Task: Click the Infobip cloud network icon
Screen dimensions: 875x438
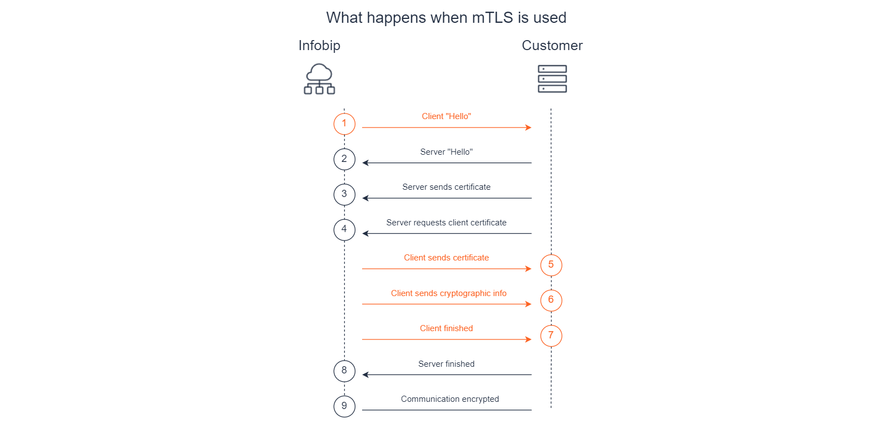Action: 319,78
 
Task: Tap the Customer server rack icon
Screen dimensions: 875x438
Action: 552,78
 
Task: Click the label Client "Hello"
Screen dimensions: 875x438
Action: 446,116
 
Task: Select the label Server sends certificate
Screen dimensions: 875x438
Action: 446,187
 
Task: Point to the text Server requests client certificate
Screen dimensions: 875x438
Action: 446,223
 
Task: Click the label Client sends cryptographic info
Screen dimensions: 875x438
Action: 448,293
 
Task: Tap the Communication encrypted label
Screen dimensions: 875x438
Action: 449,399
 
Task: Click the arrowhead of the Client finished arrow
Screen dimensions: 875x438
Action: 528,339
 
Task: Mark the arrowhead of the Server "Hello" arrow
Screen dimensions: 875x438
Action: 365,163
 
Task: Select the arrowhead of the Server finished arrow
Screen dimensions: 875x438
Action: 365,375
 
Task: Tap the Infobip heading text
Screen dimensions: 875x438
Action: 319,46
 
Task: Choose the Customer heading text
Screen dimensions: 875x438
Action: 552,46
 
